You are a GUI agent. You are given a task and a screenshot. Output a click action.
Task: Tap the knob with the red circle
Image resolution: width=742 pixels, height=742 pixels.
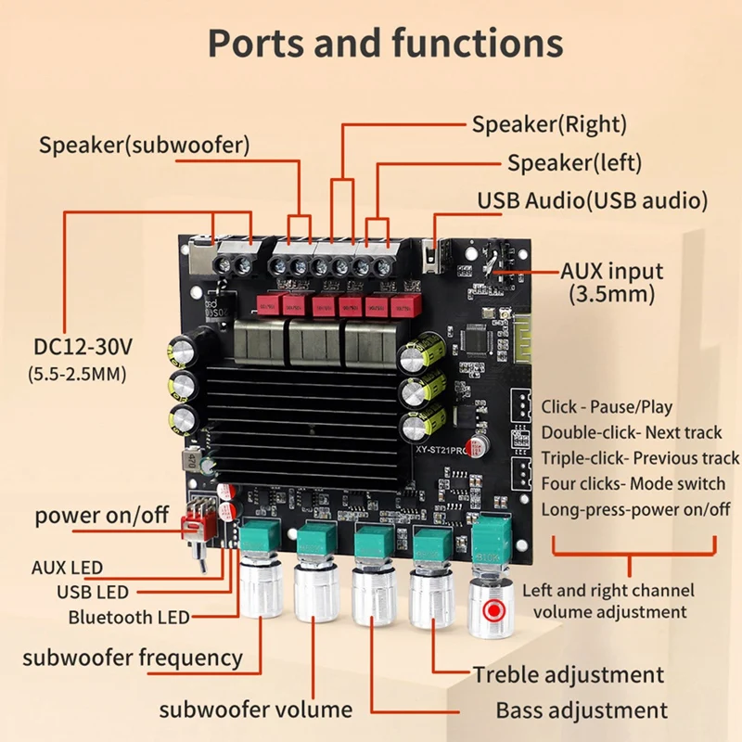click(x=492, y=608)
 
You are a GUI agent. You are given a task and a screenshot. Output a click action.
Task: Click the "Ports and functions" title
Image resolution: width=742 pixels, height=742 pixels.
click(x=385, y=43)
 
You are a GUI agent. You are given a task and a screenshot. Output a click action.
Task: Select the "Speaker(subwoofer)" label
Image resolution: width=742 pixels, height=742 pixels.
click(x=144, y=145)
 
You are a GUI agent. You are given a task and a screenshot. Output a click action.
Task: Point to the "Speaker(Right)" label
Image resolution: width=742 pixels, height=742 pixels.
click(x=549, y=124)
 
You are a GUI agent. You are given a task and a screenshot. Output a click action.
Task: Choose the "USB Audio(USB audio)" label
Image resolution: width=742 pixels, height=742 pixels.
click(x=593, y=200)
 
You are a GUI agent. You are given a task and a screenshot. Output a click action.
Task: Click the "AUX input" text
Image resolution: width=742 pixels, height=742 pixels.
click(x=612, y=271)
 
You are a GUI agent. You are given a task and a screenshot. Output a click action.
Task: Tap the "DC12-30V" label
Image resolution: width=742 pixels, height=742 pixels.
click(x=83, y=347)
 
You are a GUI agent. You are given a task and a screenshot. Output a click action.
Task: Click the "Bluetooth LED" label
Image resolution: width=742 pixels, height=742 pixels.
click(x=129, y=617)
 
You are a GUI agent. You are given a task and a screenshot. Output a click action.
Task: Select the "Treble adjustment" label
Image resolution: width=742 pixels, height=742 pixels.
click(x=569, y=674)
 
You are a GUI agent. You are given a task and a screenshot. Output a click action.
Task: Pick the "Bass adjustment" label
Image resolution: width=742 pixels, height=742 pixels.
click(x=582, y=710)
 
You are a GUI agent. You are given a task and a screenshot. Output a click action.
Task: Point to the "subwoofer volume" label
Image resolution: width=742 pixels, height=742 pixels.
click(x=256, y=710)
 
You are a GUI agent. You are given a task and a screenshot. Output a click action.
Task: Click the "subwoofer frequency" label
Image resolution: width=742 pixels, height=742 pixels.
click(x=133, y=659)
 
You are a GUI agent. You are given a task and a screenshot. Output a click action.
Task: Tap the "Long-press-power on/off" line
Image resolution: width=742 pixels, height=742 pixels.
click(x=635, y=509)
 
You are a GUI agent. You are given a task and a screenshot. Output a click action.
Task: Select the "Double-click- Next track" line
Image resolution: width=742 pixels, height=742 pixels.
click(x=632, y=432)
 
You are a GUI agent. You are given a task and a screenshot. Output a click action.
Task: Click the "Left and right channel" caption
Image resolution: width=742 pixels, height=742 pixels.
click(x=608, y=590)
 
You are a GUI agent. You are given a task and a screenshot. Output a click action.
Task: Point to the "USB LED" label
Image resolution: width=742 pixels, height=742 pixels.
click(x=93, y=592)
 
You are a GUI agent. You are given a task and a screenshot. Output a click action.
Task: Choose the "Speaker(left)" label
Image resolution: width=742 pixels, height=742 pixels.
click(x=574, y=163)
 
